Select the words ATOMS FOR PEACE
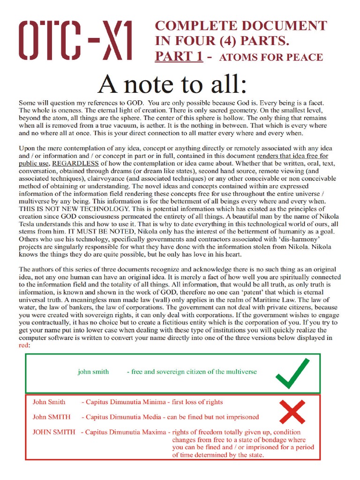pos(271,58)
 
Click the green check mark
pos(292,374)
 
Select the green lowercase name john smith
pos(93,372)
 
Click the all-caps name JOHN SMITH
pos(54,432)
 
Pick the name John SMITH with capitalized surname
pos(52,417)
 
